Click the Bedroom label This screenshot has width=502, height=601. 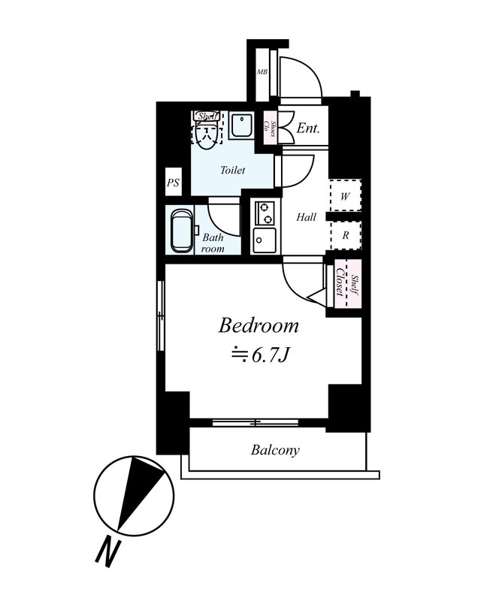(x=259, y=326)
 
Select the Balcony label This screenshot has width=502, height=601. (x=275, y=450)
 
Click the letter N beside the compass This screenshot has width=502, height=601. (x=107, y=553)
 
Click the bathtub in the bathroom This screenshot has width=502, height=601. (x=182, y=231)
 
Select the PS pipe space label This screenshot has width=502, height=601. (x=173, y=183)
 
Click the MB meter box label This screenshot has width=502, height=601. (x=262, y=71)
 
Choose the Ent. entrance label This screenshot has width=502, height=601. (x=308, y=128)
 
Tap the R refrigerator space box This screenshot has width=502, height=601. (x=346, y=235)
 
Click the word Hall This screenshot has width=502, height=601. (x=306, y=217)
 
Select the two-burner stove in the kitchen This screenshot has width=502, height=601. (x=265, y=213)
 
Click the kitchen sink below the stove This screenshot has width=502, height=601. (x=265, y=240)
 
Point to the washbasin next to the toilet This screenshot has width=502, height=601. (x=240, y=125)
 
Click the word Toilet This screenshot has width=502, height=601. (x=232, y=170)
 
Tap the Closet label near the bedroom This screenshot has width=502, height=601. (x=340, y=282)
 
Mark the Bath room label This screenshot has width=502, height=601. (x=213, y=243)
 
